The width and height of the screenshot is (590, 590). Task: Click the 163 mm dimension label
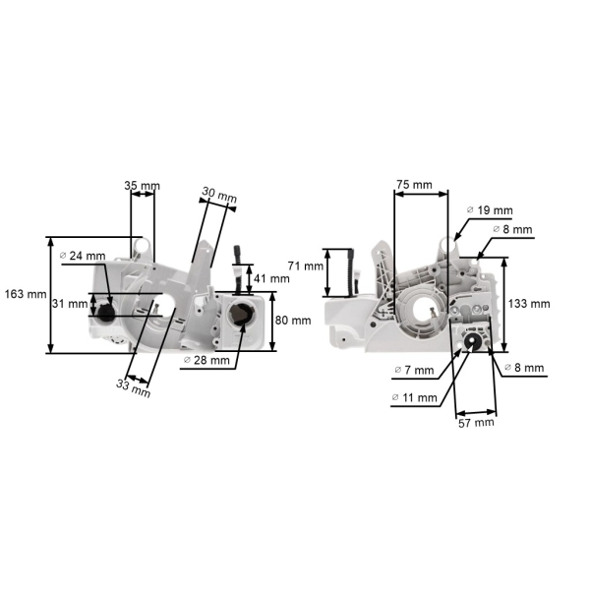[x=25, y=294]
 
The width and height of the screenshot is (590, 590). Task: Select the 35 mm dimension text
[x=142, y=184]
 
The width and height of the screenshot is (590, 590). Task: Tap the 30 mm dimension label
[x=220, y=197]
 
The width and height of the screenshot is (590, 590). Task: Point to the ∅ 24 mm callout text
[x=83, y=256]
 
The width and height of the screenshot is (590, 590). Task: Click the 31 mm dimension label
[x=70, y=303]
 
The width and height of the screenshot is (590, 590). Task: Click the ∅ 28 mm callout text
[x=206, y=360]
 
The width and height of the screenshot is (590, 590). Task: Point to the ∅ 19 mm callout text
[x=489, y=210]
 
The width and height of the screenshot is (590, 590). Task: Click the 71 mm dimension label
[x=306, y=266]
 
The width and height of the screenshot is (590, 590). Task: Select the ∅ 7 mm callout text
[x=413, y=370]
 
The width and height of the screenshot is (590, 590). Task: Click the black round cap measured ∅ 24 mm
[x=102, y=316]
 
